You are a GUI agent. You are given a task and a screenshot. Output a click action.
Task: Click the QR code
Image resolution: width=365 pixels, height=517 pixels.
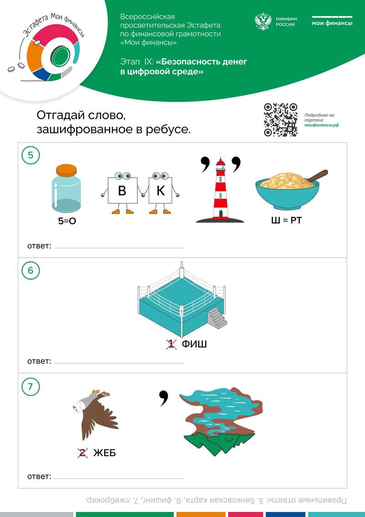(281, 120)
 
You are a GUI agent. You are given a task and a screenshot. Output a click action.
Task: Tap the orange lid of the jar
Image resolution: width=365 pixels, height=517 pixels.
(66, 171)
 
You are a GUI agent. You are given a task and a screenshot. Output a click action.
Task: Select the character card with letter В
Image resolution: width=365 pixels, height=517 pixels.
(122, 193)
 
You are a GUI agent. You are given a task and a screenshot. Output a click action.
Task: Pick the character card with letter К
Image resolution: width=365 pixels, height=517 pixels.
(161, 193)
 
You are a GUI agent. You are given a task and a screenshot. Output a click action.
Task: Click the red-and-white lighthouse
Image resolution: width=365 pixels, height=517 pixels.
(220, 190)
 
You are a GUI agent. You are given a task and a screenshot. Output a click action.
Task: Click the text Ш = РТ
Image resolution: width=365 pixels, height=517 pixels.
(286, 220)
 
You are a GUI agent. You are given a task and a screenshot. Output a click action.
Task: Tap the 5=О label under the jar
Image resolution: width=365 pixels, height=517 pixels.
(67, 221)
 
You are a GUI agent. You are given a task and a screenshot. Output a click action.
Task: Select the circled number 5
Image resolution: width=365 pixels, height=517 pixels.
(31, 155)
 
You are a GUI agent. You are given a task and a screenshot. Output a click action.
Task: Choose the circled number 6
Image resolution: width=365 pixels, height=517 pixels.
(31, 270)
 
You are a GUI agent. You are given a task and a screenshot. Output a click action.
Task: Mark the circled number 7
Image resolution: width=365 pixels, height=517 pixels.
(31, 386)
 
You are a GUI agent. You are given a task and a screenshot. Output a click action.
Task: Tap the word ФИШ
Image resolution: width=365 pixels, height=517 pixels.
(194, 344)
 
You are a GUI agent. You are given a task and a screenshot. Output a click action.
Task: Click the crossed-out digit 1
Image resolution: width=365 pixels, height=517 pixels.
(171, 344)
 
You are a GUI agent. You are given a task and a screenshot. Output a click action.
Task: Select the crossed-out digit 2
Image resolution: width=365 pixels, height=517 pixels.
(83, 453)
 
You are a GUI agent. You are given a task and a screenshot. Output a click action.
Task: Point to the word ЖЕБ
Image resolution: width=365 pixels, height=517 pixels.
(104, 453)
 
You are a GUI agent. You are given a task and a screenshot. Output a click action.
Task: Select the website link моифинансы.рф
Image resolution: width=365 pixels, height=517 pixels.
(322, 125)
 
